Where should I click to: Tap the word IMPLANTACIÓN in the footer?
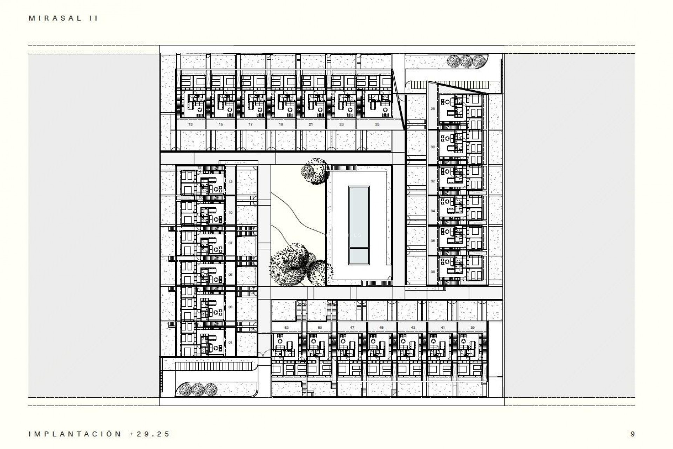click(75, 434)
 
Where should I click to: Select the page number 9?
click(632, 434)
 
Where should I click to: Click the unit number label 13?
click(191, 124)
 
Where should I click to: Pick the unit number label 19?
click(281, 124)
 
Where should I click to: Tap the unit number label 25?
click(377, 124)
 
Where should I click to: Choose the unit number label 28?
click(433, 109)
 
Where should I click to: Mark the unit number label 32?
click(433, 181)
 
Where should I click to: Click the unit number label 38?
click(433, 272)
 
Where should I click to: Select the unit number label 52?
click(286, 328)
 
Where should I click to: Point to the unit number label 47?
click(352, 328)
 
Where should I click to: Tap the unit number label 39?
click(473, 328)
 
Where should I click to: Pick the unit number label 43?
click(413, 328)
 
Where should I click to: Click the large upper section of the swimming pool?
click(359, 216)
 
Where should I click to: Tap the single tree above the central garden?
click(315, 171)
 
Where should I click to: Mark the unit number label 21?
click(311, 124)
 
